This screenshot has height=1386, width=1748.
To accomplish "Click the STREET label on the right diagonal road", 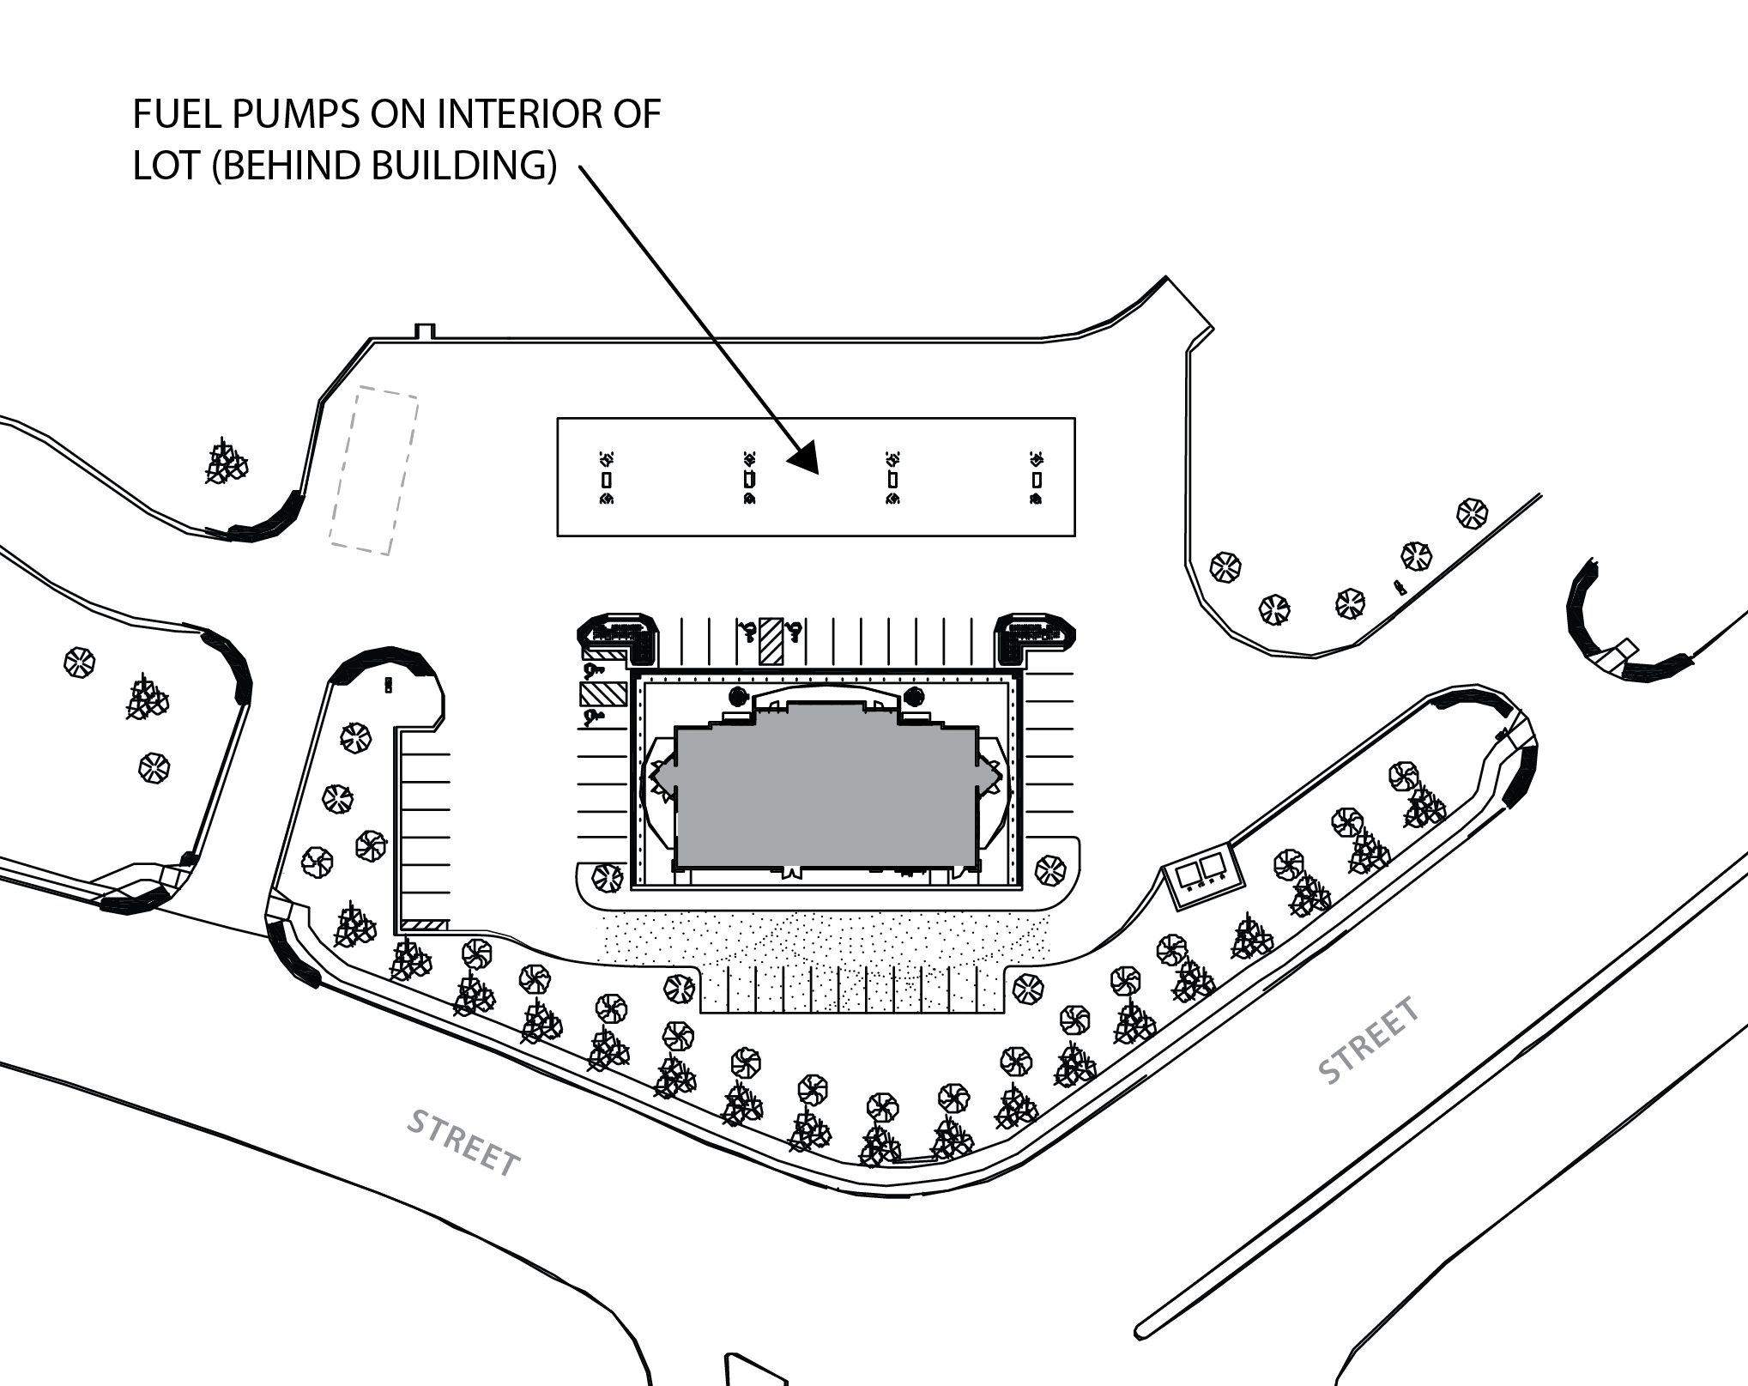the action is point(1369,1041).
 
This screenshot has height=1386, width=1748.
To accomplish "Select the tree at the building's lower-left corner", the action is point(608,877).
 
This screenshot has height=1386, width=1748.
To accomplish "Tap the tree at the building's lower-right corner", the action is point(1050,870).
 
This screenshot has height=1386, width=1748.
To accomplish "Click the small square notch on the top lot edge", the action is point(426,331).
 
